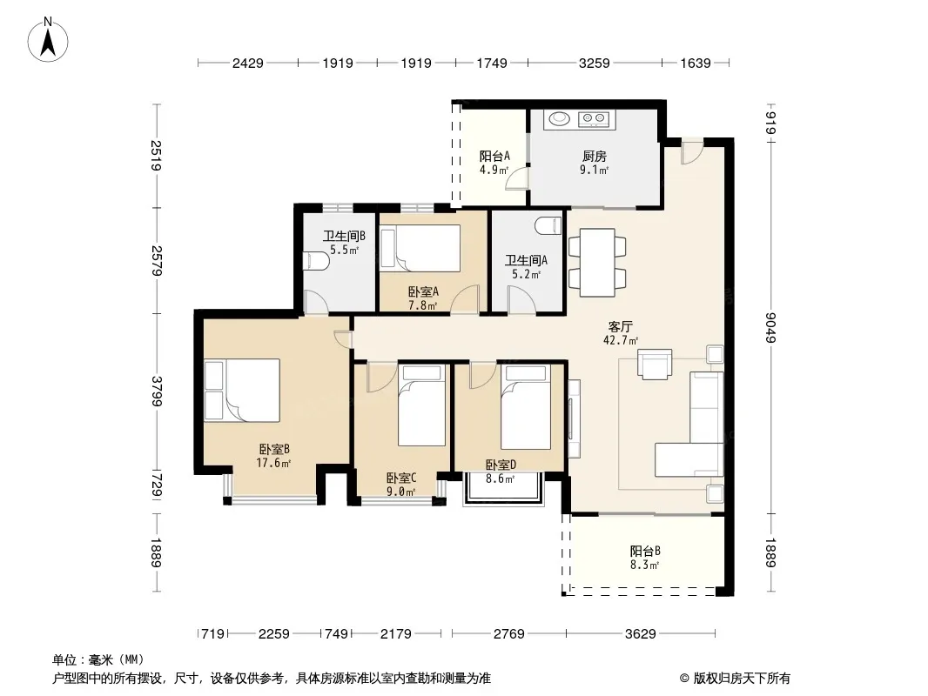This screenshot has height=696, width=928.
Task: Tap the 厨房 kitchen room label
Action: tap(595, 156)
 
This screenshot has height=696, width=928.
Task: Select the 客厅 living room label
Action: tap(621, 326)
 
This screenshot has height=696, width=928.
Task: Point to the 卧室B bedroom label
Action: tap(274, 450)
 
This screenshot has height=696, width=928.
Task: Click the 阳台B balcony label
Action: tap(645, 551)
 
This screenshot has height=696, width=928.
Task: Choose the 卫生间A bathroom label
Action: tap(526, 260)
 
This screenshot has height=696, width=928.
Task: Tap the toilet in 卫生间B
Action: tap(315, 261)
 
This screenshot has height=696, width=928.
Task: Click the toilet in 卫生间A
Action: tap(548, 225)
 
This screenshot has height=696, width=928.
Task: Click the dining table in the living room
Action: tap(597, 263)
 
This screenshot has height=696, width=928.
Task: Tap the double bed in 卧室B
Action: tap(242, 391)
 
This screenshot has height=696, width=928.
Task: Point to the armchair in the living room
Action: tap(655, 364)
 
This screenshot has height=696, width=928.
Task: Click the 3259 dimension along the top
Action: tap(595, 63)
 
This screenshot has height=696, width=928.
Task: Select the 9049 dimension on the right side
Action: tap(770, 327)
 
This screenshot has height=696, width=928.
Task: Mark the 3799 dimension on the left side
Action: tap(157, 391)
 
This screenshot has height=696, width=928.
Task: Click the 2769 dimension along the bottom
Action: tap(509, 634)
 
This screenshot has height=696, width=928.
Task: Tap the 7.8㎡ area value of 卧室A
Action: tap(422, 305)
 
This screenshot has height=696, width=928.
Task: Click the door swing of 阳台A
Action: tap(515, 178)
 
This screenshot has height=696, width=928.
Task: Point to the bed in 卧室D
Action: tap(526, 407)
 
